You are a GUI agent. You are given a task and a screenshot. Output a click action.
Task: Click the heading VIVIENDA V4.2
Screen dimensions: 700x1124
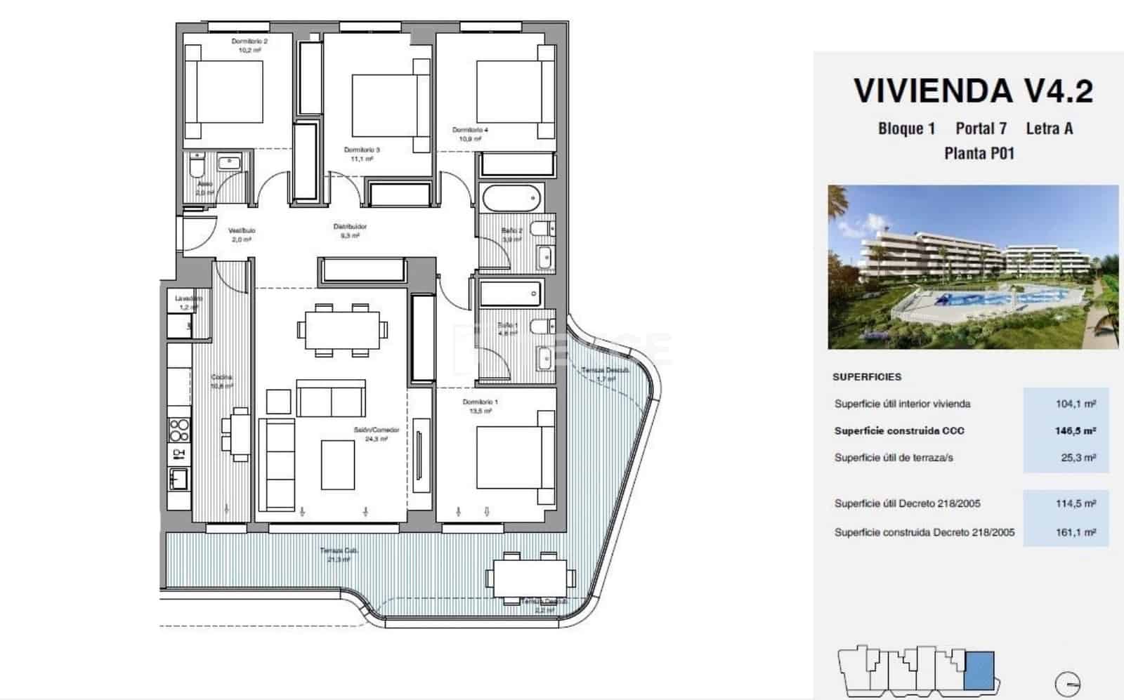[973, 91]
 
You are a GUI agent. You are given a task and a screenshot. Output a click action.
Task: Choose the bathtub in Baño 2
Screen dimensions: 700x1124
[512, 199]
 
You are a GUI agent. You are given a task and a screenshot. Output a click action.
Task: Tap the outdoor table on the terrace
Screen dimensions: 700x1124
[527, 578]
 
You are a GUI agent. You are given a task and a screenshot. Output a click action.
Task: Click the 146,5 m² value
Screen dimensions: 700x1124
[1075, 430]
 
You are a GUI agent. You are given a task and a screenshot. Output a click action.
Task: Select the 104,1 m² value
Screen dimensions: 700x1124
[1075, 404]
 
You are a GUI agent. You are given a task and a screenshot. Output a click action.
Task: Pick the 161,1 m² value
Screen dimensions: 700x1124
[1075, 532]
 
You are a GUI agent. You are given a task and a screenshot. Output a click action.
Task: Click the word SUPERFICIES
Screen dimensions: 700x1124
[866, 377]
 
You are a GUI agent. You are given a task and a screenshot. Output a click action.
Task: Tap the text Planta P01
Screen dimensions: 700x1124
[979, 153]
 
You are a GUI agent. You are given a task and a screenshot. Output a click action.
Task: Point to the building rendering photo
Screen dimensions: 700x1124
[972, 267]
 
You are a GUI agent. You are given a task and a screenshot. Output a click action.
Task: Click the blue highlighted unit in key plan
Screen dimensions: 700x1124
[979, 671]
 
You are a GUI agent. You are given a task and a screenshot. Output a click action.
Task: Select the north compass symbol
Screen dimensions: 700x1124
[1068, 682]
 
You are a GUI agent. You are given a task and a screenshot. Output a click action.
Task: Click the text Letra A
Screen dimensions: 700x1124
[1049, 128]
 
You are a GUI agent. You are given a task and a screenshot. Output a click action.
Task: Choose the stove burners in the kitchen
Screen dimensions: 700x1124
[179, 429]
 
